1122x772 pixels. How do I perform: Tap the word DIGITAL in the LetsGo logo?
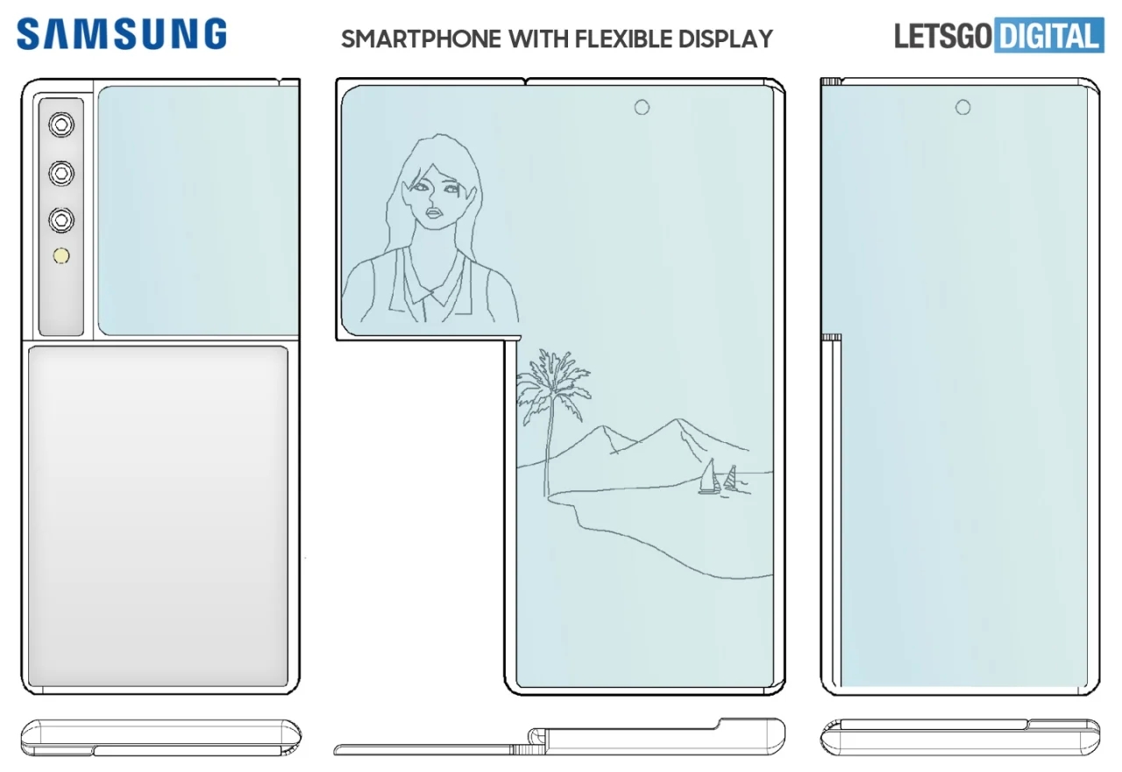point(1049,37)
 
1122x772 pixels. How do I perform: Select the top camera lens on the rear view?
point(60,125)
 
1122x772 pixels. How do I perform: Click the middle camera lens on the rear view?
point(60,173)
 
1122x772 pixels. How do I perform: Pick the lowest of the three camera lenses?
point(60,220)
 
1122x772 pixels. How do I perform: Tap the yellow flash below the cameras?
point(61,257)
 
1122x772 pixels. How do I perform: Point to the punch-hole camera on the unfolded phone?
point(642,107)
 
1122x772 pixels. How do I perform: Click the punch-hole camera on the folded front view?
point(962,107)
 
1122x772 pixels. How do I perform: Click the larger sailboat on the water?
point(708,478)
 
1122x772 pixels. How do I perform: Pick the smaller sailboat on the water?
point(729,479)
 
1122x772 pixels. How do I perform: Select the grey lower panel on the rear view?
point(158,516)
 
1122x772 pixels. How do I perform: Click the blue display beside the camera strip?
point(197,211)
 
